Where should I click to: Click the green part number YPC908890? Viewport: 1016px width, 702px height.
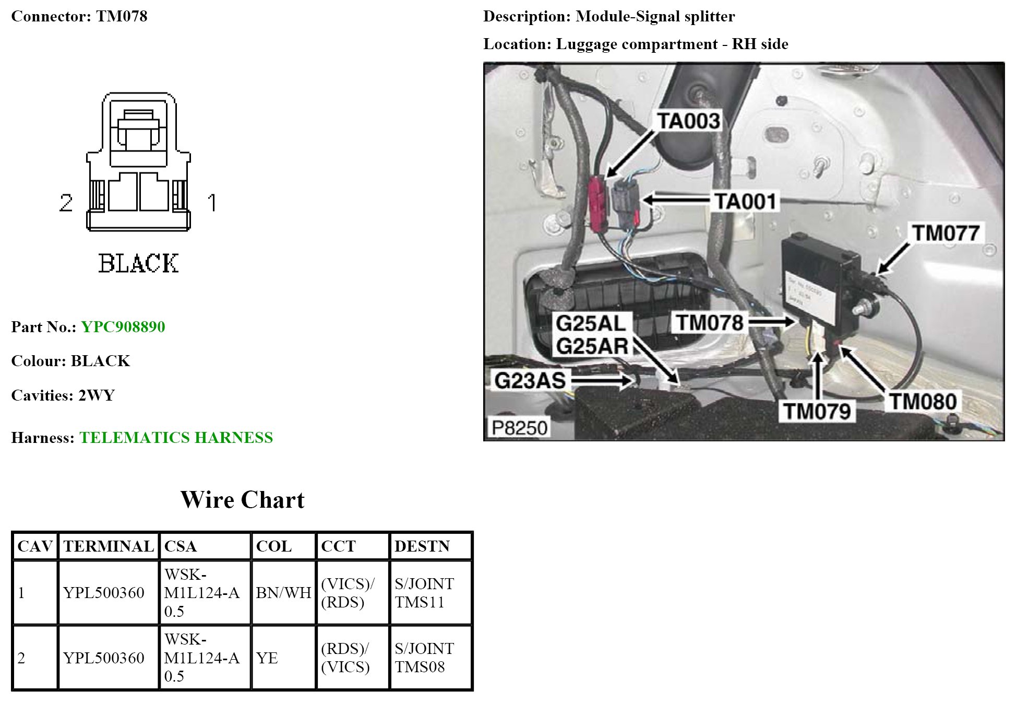click(x=123, y=327)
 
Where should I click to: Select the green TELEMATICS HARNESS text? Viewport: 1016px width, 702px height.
click(x=176, y=438)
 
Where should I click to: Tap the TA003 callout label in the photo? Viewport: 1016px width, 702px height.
click(x=688, y=121)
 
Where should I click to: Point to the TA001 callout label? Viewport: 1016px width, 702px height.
click(x=745, y=201)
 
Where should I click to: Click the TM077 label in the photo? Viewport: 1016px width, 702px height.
click(x=945, y=233)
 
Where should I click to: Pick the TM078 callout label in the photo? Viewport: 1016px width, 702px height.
click(x=710, y=323)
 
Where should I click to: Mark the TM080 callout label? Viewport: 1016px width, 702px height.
click(x=923, y=402)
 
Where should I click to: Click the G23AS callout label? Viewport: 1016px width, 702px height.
click(x=530, y=381)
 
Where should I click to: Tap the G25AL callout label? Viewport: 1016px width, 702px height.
click(x=591, y=323)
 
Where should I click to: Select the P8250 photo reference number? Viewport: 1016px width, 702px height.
click(x=519, y=428)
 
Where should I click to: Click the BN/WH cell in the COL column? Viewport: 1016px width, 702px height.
click(x=283, y=593)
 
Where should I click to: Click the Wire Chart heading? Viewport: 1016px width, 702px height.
click(x=242, y=500)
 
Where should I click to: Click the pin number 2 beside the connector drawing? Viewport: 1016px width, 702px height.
click(x=66, y=203)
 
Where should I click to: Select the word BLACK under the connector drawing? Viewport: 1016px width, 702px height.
click(x=138, y=263)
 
